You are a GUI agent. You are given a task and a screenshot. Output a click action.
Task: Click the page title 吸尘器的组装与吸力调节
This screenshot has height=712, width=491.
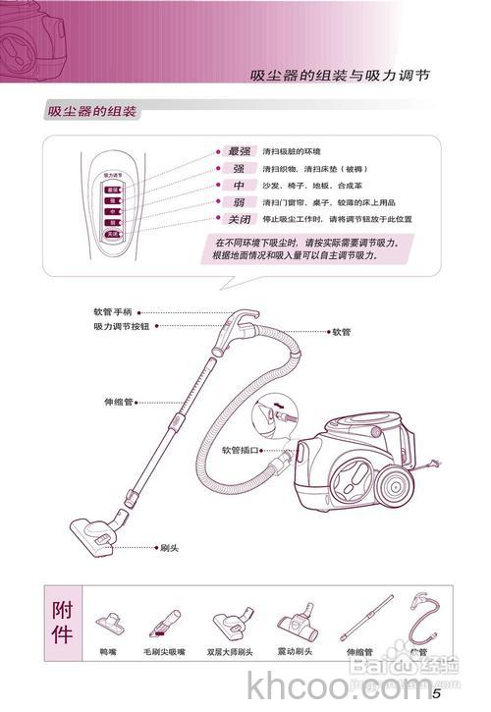(339, 75)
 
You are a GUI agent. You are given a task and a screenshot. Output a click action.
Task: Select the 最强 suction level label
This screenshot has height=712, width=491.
(239, 152)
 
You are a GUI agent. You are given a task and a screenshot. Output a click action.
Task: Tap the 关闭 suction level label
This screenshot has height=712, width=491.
(239, 219)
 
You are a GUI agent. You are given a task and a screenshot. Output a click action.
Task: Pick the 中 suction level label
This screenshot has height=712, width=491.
(239, 186)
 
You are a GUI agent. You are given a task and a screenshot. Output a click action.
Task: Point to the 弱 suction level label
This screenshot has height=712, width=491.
(239, 202)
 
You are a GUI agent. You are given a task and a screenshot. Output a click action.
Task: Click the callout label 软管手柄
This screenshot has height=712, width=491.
(113, 311)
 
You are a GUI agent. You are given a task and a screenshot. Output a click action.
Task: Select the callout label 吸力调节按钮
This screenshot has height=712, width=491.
(122, 326)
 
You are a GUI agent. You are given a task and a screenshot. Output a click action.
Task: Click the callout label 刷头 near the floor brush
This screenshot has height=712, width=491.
(169, 546)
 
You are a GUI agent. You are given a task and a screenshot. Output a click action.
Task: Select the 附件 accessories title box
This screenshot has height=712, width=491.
(61, 621)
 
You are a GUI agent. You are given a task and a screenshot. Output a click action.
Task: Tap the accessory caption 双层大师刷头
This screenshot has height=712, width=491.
(230, 651)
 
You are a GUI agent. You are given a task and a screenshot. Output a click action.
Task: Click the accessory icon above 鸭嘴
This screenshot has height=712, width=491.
(107, 623)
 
